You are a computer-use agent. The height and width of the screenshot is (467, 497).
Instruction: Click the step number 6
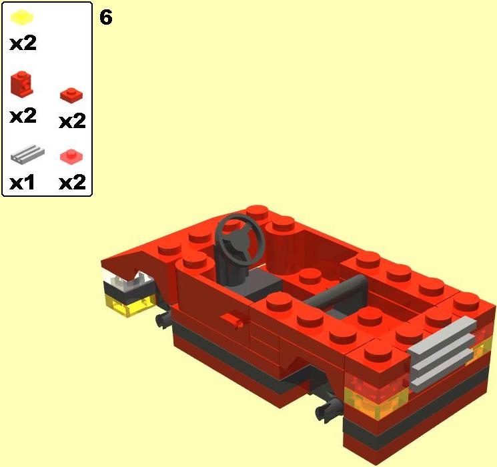click(105, 17)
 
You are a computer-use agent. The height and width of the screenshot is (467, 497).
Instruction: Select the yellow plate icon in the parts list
click(23, 17)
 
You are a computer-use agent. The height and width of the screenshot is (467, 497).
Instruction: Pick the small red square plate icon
click(71, 95)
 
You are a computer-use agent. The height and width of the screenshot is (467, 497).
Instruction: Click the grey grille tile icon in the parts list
click(27, 153)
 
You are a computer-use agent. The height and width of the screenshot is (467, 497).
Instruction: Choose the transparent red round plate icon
click(72, 156)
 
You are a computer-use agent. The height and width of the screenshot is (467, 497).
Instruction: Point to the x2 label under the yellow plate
click(23, 44)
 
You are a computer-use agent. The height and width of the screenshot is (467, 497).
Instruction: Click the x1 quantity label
click(23, 182)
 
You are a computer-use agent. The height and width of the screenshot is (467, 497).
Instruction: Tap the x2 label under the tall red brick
click(23, 115)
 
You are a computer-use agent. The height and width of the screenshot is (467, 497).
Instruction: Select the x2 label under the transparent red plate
click(72, 182)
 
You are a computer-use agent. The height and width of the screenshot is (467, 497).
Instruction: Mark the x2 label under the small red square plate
click(72, 121)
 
